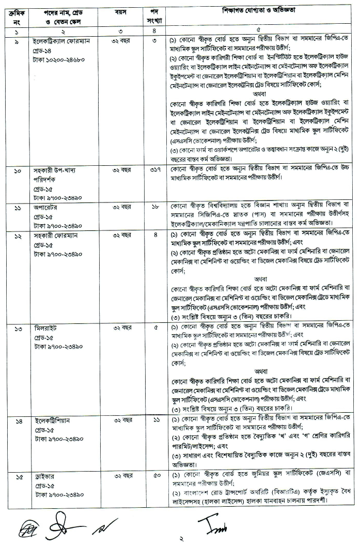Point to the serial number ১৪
tap(18, 421)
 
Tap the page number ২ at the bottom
tap(181, 539)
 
